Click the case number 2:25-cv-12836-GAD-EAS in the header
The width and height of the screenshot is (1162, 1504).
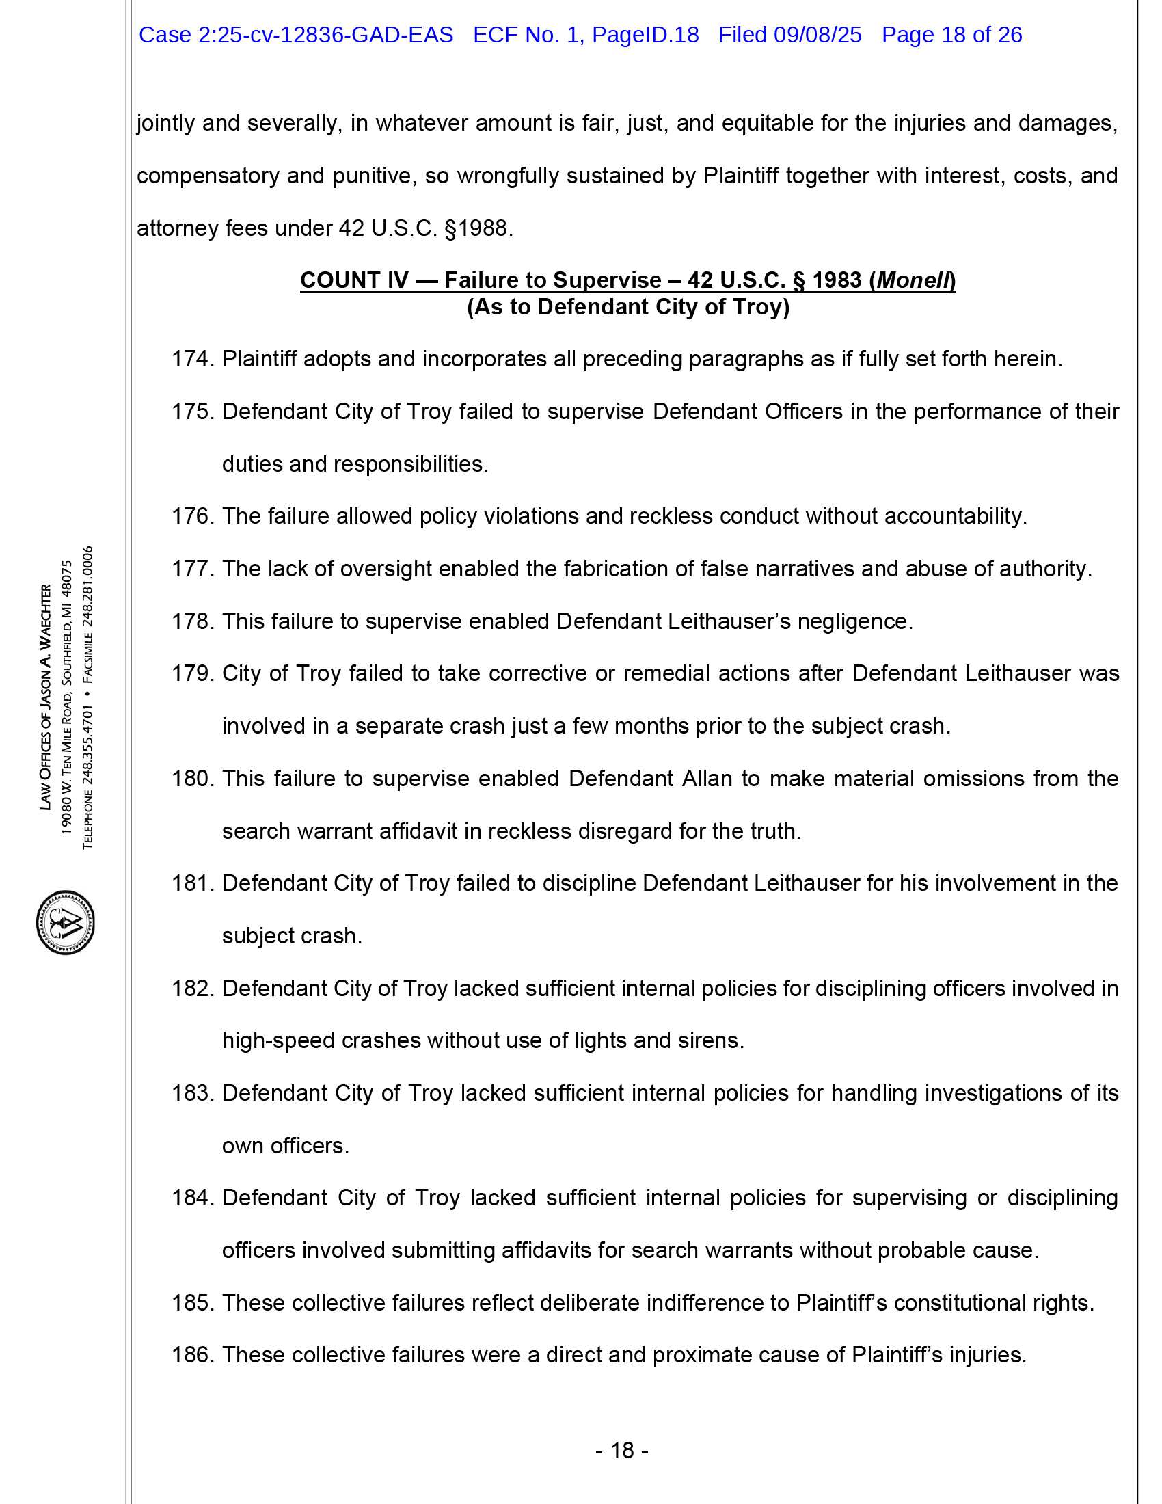[325, 35]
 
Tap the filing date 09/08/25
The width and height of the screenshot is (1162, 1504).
[817, 35]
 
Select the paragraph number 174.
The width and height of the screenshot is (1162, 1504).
[193, 359]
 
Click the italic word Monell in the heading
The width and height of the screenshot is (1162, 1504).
[913, 280]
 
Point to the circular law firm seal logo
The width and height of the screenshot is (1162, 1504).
[66, 922]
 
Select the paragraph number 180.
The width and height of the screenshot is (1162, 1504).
[193, 779]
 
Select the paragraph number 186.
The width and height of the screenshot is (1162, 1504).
[193, 1354]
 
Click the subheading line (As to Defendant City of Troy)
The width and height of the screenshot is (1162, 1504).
[627, 306]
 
